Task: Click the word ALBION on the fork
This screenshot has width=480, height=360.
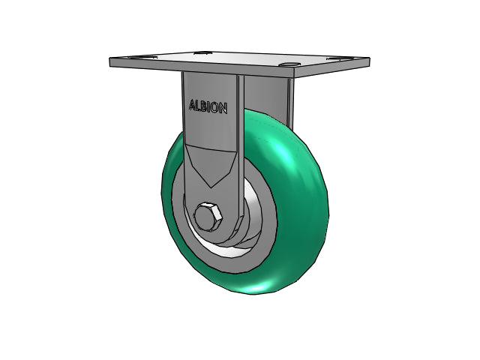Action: coord(208,106)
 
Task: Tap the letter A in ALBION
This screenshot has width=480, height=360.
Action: coord(192,105)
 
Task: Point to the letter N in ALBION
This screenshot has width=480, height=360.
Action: coord(223,109)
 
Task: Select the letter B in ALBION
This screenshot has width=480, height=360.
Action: coord(204,106)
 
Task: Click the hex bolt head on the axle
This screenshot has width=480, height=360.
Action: coord(208,216)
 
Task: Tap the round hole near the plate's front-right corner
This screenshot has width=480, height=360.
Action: coord(290,64)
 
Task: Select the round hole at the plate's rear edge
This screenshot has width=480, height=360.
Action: coord(202,53)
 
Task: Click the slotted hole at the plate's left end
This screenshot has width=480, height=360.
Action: coord(140,57)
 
